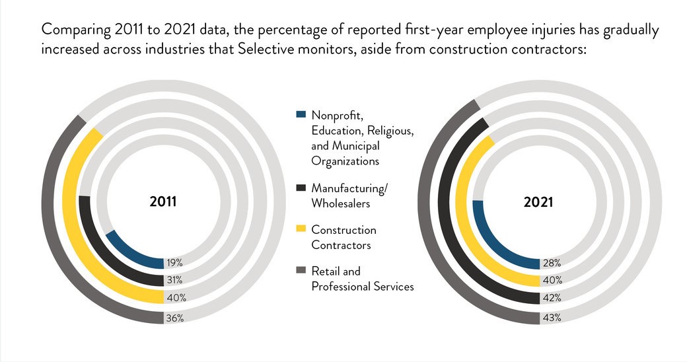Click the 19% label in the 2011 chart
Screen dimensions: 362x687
click(x=174, y=262)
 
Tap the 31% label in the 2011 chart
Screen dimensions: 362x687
click(x=174, y=280)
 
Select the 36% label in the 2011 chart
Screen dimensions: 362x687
click(x=174, y=318)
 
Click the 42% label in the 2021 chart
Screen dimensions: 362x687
click(x=552, y=299)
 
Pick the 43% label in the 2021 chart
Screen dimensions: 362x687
click(x=552, y=318)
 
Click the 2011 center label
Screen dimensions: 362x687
click(x=163, y=202)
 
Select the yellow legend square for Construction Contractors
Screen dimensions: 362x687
click(x=301, y=229)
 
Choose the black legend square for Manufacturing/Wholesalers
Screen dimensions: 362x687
click(x=301, y=188)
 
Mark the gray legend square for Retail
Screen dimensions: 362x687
click(x=301, y=270)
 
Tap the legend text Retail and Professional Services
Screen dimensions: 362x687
click(x=362, y=278)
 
